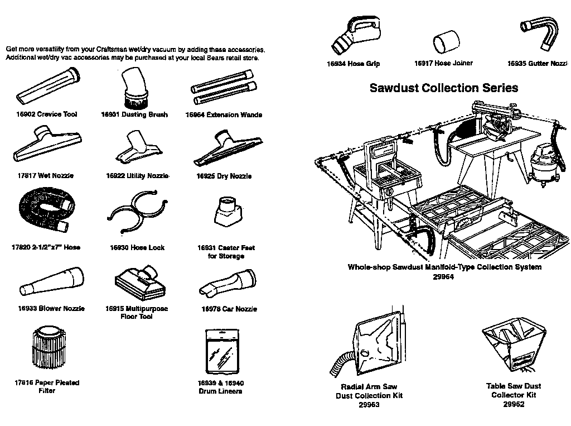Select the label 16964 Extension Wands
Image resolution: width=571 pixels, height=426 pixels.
coord(224,115)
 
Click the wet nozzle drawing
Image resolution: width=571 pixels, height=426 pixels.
coord(47,146)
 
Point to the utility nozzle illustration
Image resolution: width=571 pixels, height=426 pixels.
coord(136,147)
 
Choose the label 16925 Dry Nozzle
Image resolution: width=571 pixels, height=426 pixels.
coord(224,176)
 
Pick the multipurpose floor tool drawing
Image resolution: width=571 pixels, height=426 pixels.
coord(140,283)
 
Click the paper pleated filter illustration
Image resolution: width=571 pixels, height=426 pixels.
coord(46,352)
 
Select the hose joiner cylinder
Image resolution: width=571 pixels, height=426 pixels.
coord(446,42)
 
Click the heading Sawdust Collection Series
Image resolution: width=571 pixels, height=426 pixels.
coord(444,88)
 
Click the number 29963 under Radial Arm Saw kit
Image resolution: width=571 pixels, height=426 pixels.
coord(368,405)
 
